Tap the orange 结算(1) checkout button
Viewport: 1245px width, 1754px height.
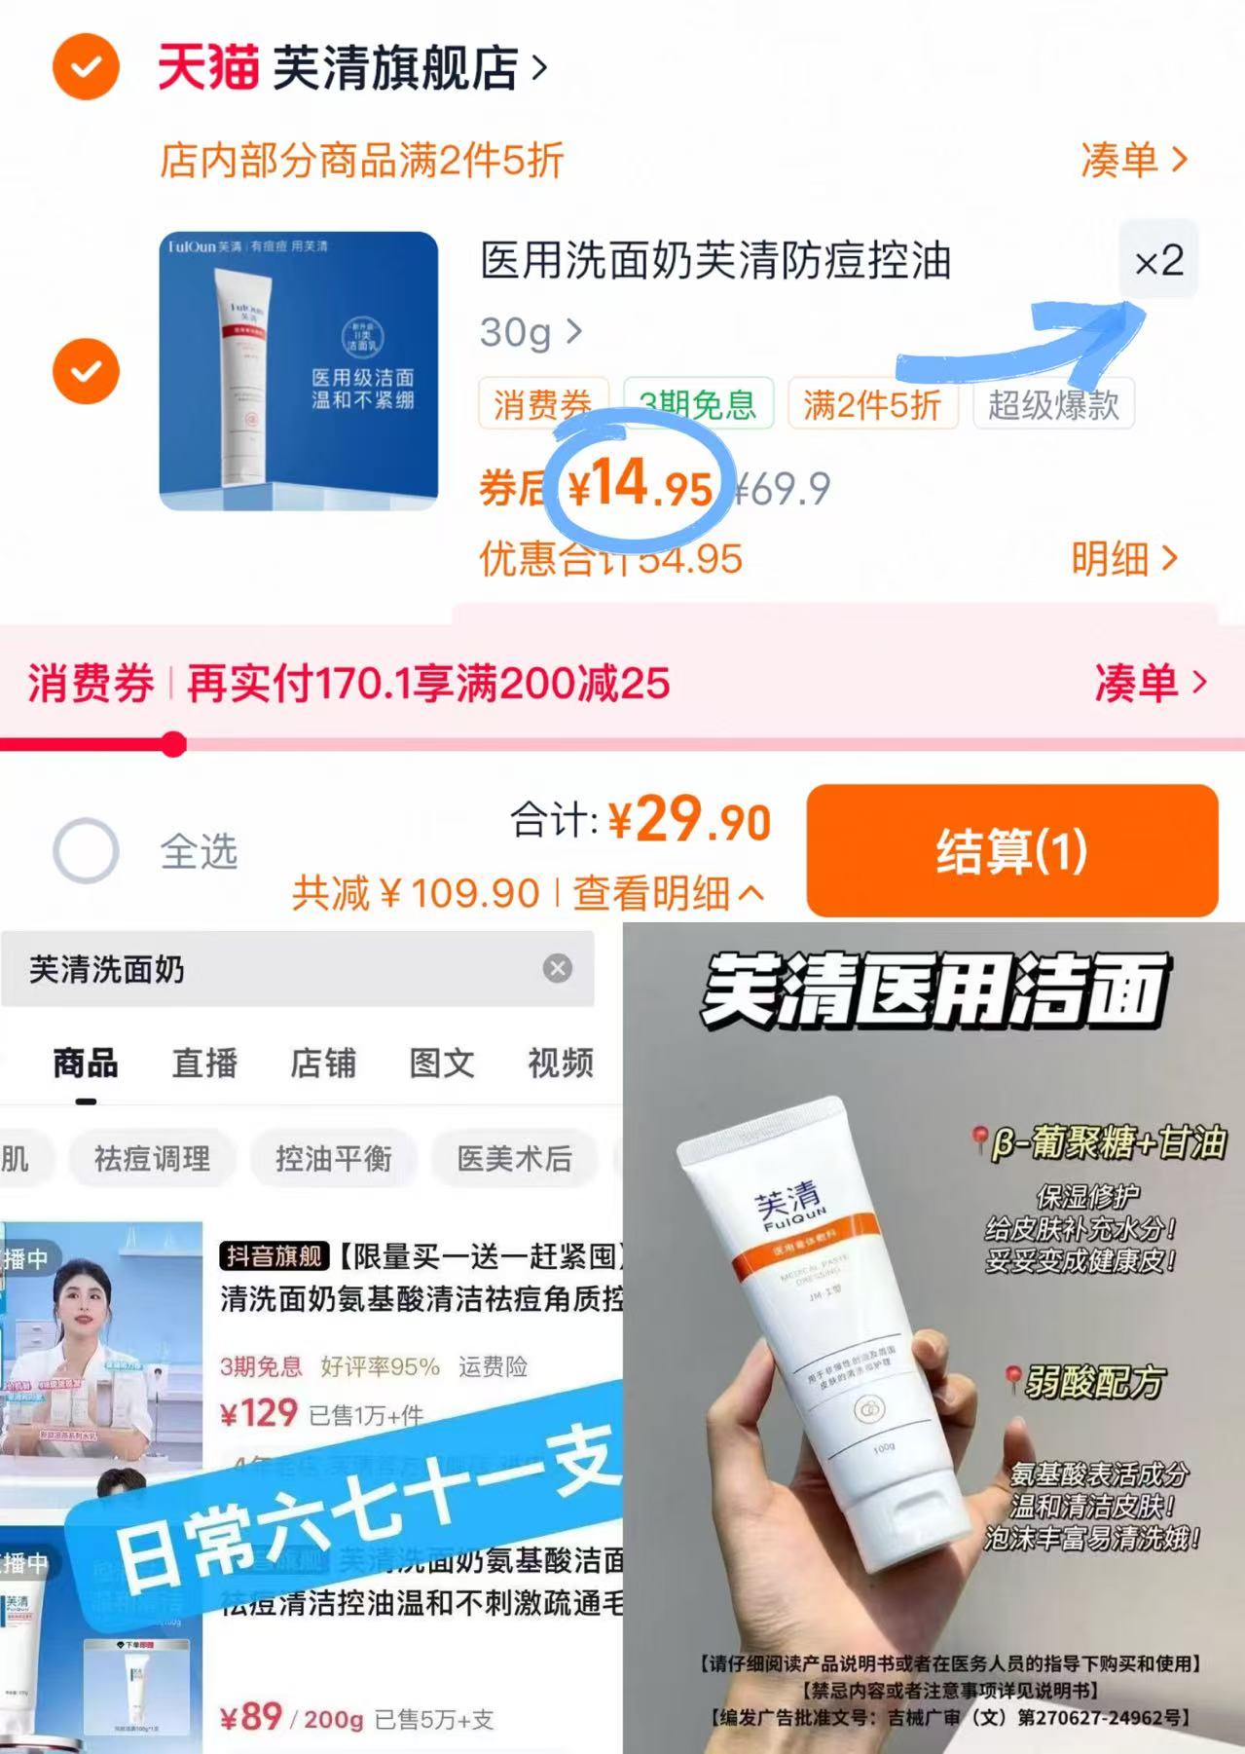1011,850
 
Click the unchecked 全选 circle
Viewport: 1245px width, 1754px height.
86,850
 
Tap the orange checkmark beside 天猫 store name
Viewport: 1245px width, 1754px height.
86,66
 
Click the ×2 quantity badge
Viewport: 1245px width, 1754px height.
1158,261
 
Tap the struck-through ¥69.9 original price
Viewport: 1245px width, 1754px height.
783,488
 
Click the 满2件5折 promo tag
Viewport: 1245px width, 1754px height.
871,404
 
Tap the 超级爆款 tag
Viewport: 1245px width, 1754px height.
1053,404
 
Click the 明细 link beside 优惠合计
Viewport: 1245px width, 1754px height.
1123,559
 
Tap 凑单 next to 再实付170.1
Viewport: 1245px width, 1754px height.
1150,683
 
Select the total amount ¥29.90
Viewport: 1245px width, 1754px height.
690,820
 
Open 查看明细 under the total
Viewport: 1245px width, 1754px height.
667,892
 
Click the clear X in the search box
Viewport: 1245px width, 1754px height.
558,968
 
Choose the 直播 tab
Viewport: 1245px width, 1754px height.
204,1063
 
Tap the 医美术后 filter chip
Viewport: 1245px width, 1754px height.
514,1158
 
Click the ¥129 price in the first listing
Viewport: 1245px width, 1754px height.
259,1413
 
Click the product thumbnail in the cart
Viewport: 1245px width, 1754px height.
299,371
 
